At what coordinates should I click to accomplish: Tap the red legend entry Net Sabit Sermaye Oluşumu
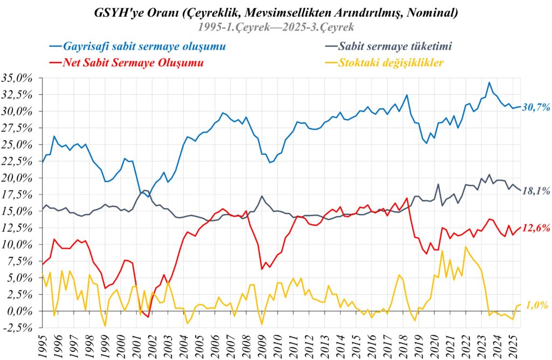[133, 63]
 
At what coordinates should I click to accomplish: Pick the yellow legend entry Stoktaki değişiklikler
[391, 63]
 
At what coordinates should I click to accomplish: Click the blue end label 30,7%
[536, 107]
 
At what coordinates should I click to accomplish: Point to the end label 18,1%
[536, 191]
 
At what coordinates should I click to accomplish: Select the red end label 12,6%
[536, 228]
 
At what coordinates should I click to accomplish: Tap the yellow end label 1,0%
[536, 305]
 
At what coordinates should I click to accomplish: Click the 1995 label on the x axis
[42, 345]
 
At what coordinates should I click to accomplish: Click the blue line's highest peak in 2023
[489, 82]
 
